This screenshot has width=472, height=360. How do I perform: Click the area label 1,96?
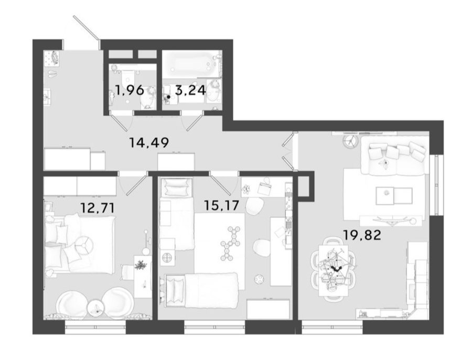click(x=130, y=90)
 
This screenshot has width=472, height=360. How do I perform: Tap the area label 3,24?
click(x=191, y=90)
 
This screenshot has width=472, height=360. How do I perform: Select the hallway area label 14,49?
click(x=149, y=142)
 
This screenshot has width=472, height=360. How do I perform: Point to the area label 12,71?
click(x=98, y=208)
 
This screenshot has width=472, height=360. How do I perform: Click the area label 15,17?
click(x=221, y=205)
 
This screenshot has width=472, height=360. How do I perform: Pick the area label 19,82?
click(x=362, y=235)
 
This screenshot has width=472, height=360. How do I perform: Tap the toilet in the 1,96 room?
click(x=148, y=96)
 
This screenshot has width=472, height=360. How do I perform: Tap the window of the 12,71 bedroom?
click(x=95, y=327)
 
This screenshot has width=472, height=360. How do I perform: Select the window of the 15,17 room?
click(x=214, y=327)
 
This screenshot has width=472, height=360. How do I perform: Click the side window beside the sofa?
click(x=435, y=185)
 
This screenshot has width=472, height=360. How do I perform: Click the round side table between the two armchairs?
click(x=96, y=308)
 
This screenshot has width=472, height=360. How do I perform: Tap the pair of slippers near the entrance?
click(x=52, y=74)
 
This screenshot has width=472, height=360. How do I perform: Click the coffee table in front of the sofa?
click(x=394, y=196)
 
